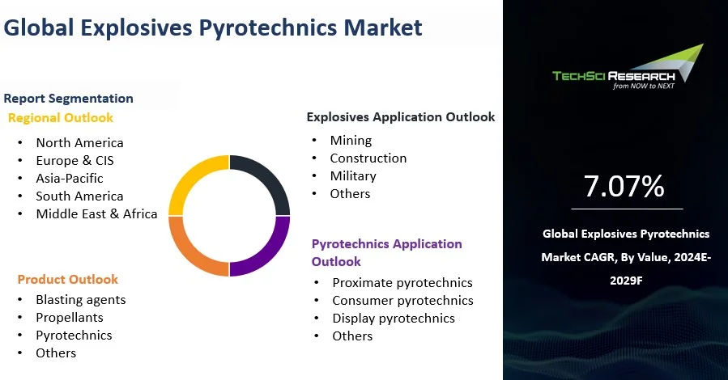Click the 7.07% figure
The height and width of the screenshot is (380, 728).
(624, 187)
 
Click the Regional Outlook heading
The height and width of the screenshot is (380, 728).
(61, 118)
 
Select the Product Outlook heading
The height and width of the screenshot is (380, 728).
(68, 280)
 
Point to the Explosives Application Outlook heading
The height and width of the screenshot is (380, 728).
(400, 117)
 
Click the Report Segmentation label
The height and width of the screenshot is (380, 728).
(68, 99)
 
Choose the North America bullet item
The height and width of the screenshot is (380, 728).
(79, 143)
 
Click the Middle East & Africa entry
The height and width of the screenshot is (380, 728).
(96, 214)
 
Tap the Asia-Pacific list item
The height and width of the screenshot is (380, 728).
(70, 179)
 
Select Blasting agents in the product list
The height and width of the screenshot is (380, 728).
(81, 300)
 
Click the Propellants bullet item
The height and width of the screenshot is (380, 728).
(70, 318)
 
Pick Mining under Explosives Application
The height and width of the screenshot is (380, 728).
(351, 141)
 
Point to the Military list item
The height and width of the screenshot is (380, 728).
(353, 176)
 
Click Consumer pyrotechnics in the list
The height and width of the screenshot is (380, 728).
(402, 301)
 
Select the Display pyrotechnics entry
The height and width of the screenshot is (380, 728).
(394, 319)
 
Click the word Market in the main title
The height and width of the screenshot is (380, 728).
(383, 28)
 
